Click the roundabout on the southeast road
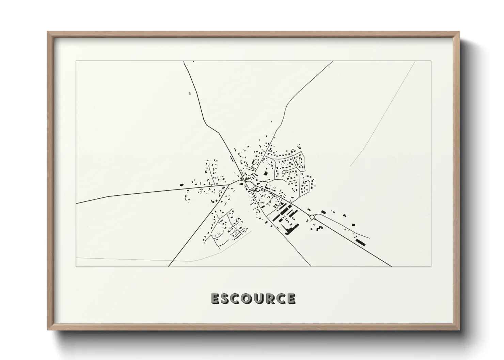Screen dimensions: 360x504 [x=312, y=217]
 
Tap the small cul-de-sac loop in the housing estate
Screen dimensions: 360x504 [x=284, y=173]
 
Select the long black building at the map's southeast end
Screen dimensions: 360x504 [x=360, y=242]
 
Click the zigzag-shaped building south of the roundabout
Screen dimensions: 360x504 [x=319, y=228]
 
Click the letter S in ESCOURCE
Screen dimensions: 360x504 [x=226, y=298]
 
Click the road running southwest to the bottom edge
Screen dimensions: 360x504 [x=191, y=235]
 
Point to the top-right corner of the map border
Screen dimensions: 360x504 [x=431, y=61]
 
